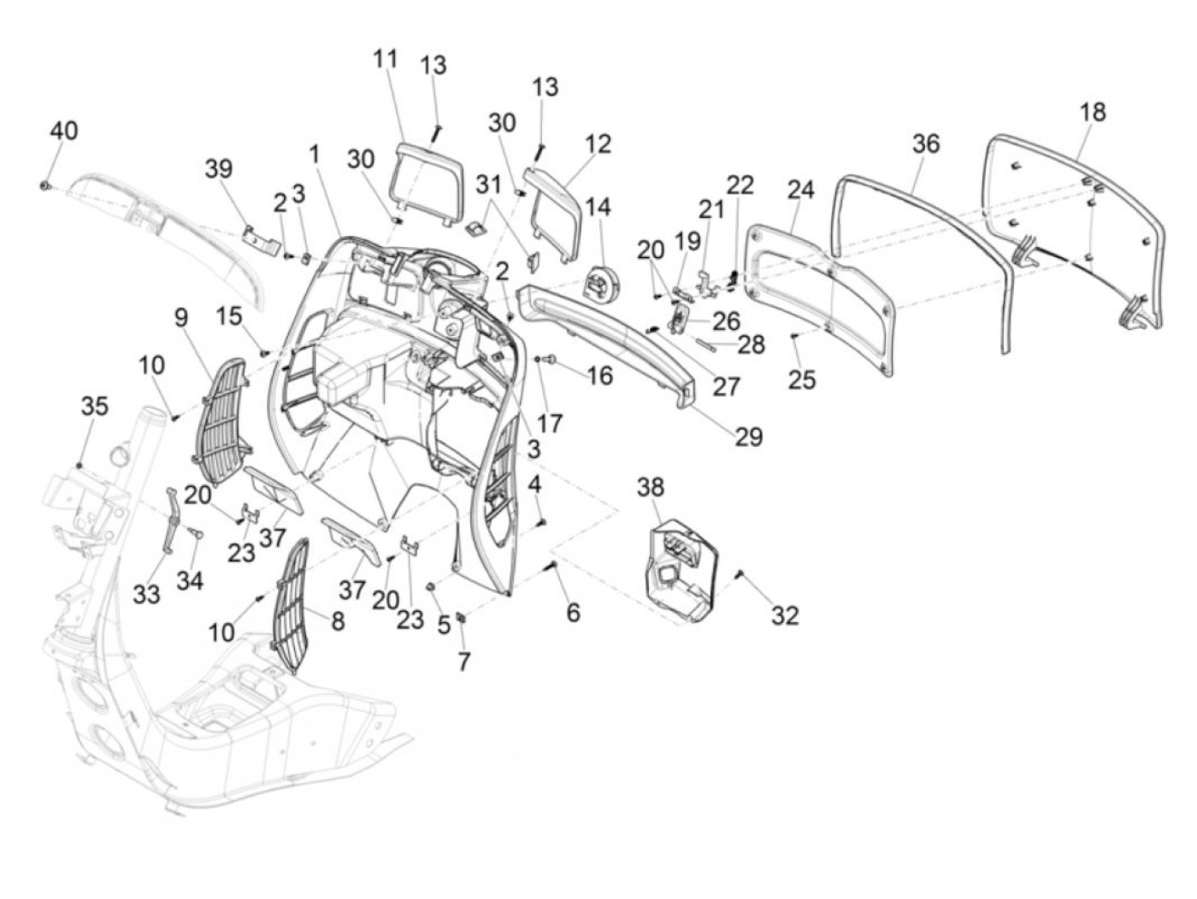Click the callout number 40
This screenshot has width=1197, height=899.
click(63, 131)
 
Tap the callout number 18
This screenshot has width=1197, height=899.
click(1092, 112)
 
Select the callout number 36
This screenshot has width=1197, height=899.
click(925, 144)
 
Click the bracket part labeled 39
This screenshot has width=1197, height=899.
click(259, 239)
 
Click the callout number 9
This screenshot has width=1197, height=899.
click(180, 318)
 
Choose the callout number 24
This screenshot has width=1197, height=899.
click(800, 190)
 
